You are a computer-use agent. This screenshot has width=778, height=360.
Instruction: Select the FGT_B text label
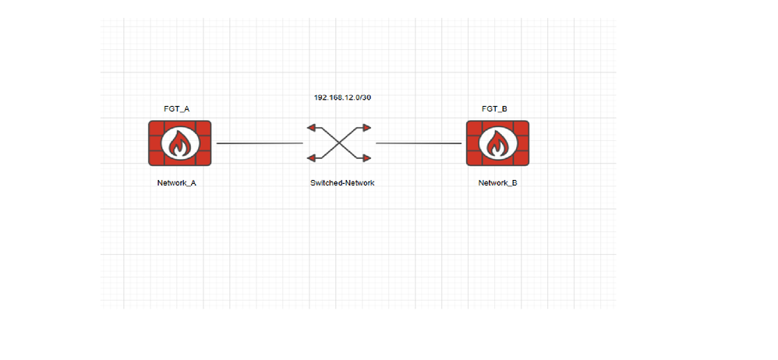pyautogui.click(x=496, y=110)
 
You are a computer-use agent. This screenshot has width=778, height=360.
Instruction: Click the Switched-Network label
pyautogui.click(x=338, y=182)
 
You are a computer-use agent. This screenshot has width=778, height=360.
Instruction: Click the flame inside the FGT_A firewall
pyautogui.click(x=179, y=144)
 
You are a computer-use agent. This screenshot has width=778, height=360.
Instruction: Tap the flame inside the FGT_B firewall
pyautogui.click(x=497, y=144)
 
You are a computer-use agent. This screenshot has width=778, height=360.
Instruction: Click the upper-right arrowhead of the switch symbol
pyautogui.click(x=365, y=127)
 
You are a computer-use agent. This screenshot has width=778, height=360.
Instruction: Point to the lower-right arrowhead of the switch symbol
pyautogui.click(x=365, y=158)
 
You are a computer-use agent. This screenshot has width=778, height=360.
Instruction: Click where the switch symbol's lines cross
pyautogui.click(x=338, y=143)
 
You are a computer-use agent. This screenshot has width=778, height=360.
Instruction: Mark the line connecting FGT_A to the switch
pyautogui.click(x=259, y=143)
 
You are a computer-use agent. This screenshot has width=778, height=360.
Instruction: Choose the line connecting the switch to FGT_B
pyautogui.click(x=419, y=143)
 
